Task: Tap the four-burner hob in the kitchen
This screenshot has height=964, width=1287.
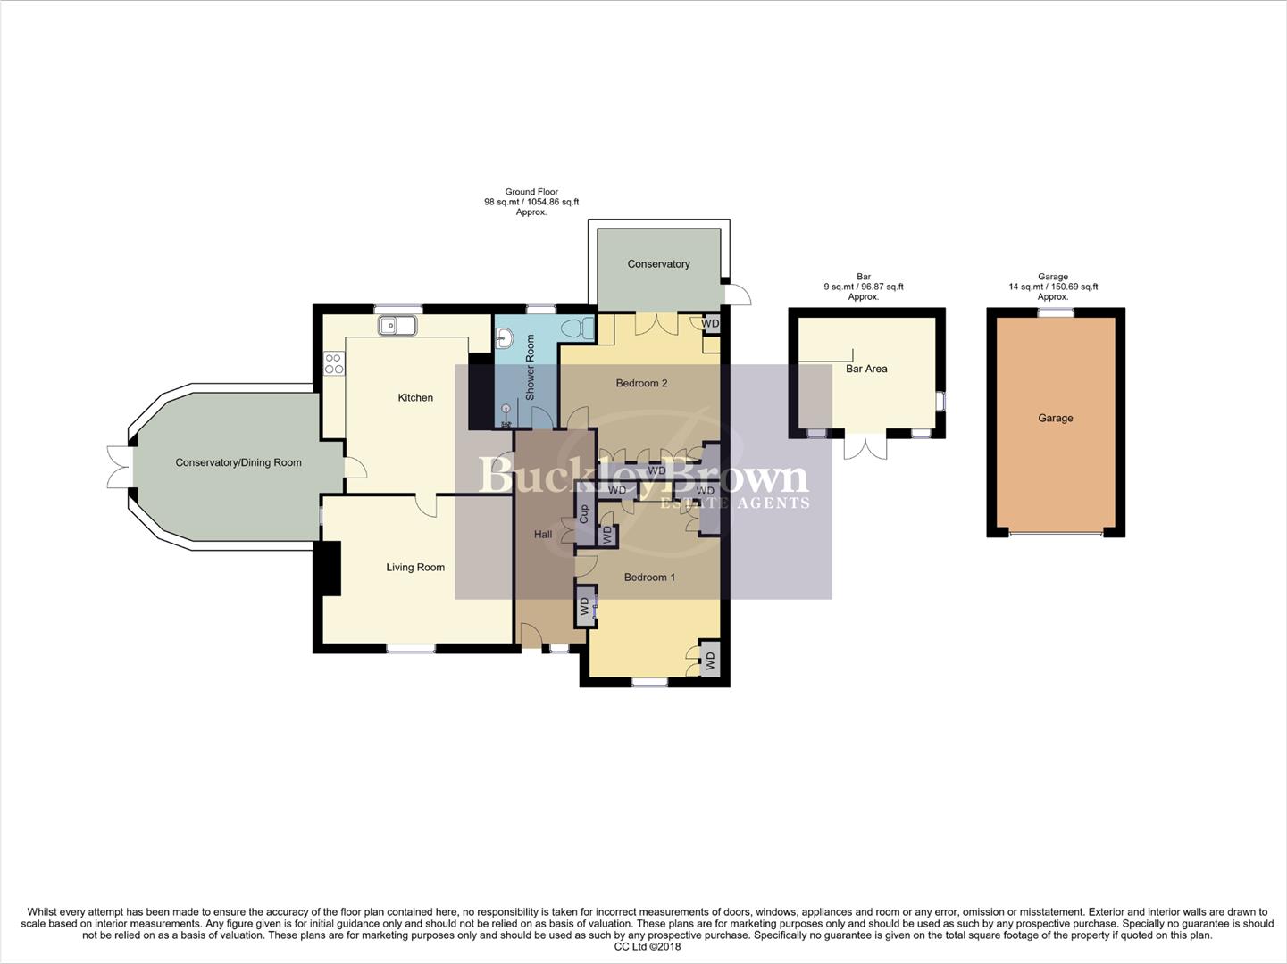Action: (x=333, y=363)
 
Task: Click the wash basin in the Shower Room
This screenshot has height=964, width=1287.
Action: (x=504, y=338)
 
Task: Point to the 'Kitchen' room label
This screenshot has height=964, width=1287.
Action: (x=415, y=397)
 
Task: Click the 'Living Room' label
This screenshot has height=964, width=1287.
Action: (x=415, y=567)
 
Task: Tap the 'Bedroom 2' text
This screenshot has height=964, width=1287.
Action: (x=641, y=383)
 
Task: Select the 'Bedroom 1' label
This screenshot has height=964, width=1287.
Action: (x=649, y=577)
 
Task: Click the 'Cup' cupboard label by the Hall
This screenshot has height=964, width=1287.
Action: (x=584, y=514)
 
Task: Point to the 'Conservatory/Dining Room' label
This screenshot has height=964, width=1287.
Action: (x=238, y=462)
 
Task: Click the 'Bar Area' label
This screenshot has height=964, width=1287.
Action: (x=866, y=368)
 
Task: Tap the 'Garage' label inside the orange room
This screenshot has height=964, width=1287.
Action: (x=1055, y=418)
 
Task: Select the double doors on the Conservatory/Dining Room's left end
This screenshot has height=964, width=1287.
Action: (x=118, y=467)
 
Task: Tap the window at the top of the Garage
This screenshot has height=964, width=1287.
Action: (x=1055, y=312)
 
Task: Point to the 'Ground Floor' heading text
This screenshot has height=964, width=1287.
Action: (x=531, y=192)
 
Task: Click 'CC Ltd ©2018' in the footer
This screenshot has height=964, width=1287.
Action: (x=647, y=947)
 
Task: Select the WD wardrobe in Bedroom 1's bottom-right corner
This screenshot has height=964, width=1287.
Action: (x=710, y=661)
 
